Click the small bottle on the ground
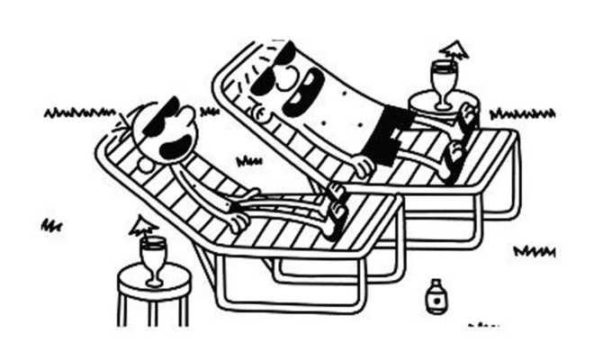(x=436, y=296)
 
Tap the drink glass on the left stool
(x=152, y=256)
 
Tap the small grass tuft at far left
(x=50, y=225)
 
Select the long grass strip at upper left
(x=79, y=113)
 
